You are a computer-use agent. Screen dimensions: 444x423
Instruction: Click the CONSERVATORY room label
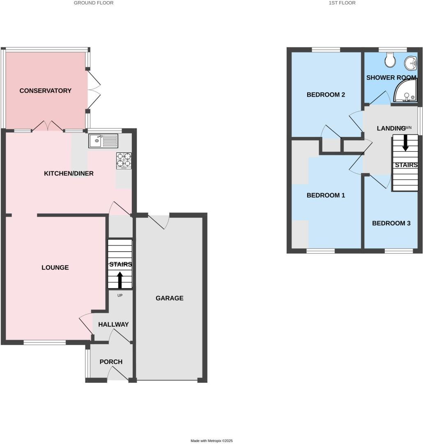tap(45, 91)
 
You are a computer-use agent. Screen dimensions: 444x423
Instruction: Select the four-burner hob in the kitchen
tap(124, 160)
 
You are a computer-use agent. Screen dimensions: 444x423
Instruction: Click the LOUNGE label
tap(55, 268)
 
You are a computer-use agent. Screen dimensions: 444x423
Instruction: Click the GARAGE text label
tap(169, 298)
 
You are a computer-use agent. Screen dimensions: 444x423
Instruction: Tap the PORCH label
tap(111, 362)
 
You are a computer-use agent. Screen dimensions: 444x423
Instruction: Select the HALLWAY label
tap(113, 324)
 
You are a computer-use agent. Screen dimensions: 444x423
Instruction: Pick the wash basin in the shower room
tap(411, 64)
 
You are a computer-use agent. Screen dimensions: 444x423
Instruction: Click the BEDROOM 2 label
tap(326, 95)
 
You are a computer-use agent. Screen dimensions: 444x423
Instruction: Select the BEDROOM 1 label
tap(326, 195)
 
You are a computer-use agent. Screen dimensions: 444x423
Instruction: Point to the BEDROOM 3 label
tap(391, 223)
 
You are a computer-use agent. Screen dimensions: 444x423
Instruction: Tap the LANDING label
tap(391, 128)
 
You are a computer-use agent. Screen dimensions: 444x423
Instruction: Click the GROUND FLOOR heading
tap(94, 3)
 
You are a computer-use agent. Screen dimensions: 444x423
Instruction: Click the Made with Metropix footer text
tap(211, 441)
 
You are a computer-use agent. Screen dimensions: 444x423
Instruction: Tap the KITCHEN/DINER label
tap(69, 173)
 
